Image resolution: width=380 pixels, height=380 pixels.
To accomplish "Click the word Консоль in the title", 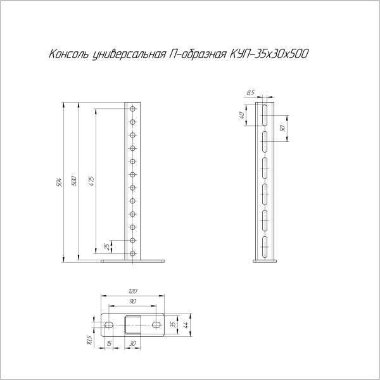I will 69,54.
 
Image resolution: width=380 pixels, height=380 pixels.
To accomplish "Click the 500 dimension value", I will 73,180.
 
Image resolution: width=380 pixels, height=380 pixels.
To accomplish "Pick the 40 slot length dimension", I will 243,117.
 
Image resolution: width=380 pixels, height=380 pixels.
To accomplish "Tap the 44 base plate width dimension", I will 186,325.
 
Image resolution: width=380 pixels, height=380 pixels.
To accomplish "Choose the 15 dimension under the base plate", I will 109,344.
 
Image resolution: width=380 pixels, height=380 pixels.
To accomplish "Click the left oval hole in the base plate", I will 109,325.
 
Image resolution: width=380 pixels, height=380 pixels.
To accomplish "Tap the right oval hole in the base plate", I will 156,325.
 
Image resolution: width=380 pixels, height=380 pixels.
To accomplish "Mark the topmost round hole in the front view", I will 133,109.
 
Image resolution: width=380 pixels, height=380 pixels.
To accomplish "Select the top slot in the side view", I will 264,117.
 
